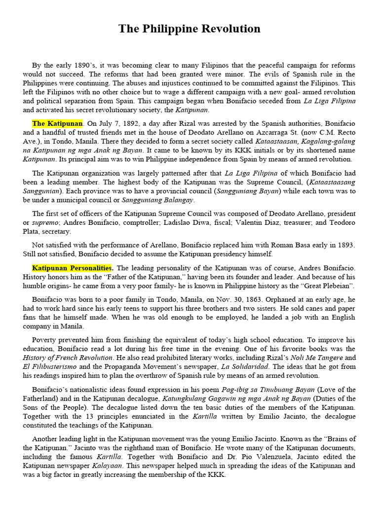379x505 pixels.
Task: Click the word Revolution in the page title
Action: tap(230, 29)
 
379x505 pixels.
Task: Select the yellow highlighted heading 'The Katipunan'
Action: tap(57, 123)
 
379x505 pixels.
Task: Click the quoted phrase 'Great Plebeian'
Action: tap(326, 286)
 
